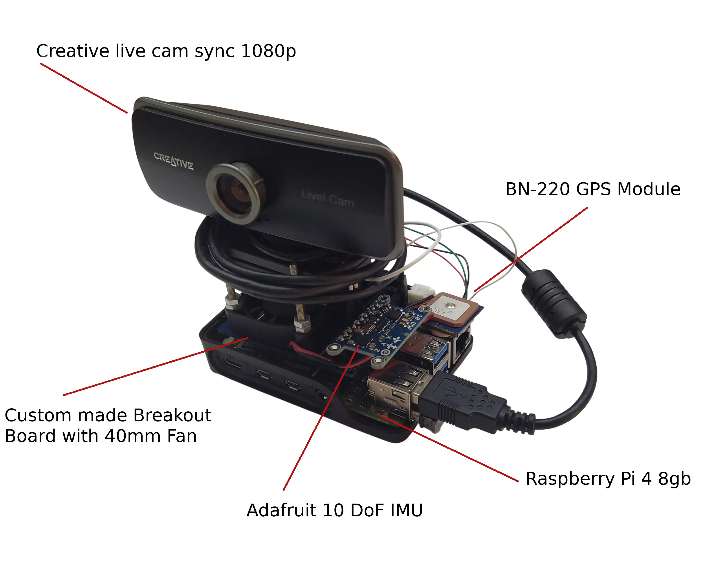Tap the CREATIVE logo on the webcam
[173, 161]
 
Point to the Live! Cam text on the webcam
[327, 198]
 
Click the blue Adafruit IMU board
[376, 329]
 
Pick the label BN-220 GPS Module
[593, 189]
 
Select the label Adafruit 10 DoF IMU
[334, 510]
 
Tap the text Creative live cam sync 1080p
[166, 51]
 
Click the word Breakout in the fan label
[172, 415]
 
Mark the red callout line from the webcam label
[83, 88]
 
